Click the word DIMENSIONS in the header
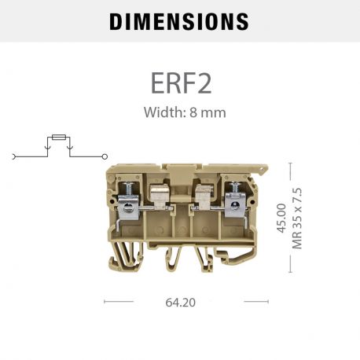(x=179, y=21)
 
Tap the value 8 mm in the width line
(x=208, y=112)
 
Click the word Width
(x=162, y=112)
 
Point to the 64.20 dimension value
(x=179, y=300)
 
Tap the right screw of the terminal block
(x=233, y=188)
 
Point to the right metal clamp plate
(x=233, y=207)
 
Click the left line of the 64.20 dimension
(x=118, y=300)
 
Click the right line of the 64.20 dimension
(x=257, y=300)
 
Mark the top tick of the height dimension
(x=291, y=163)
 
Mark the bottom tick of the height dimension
(x=291, y=272)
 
